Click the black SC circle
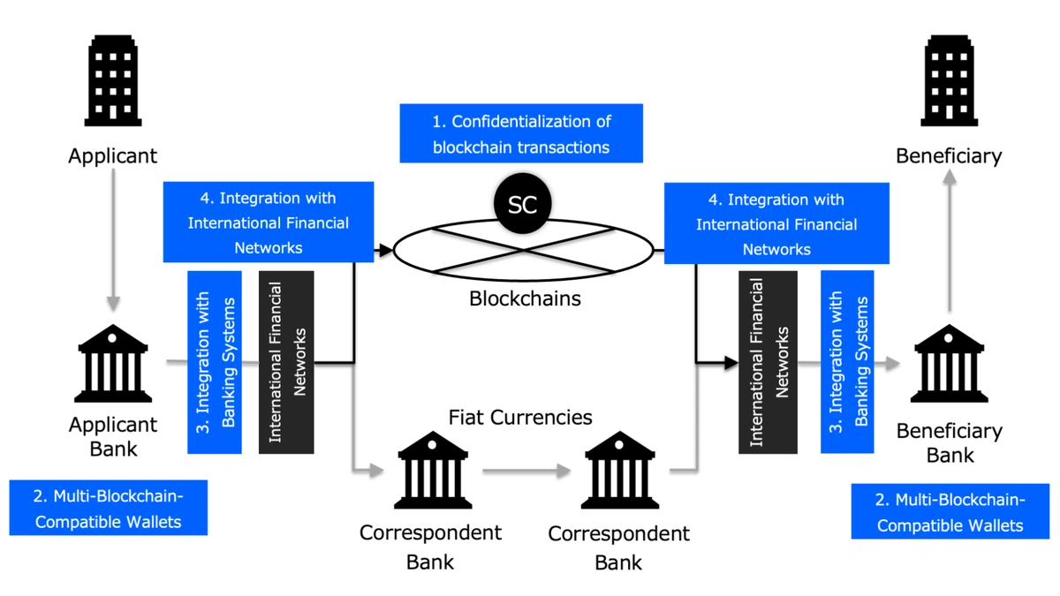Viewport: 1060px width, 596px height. (x=522, y=204)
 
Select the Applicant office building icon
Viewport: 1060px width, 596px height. (x=113, y=80)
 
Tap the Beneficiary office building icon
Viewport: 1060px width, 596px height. (x=949, y=80)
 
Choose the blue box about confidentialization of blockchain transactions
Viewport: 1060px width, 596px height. (x=521, y=133)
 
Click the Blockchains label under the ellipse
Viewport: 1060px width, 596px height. (x=525, y=298)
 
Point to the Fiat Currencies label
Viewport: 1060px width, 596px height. (x=520, y=416)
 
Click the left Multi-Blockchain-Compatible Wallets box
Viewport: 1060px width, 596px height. (x=109, y=508)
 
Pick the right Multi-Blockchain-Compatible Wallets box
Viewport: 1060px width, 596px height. (x=950, y=512)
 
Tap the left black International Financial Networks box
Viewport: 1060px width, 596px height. (x=286, y=362)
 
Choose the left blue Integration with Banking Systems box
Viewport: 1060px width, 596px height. (x=215, y=362)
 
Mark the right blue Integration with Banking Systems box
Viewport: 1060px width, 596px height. (x=847, y=362)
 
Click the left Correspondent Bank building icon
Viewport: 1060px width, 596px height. (x=432, y=470)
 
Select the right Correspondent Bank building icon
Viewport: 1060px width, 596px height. (x=619, y=470)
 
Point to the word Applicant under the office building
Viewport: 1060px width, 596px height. (x=113, y=156)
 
